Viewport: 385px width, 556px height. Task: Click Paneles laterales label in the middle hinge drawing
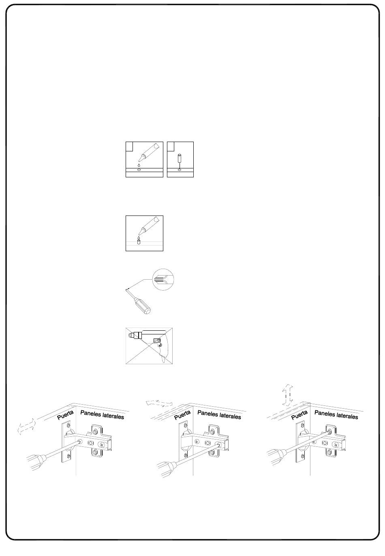pos(219,414)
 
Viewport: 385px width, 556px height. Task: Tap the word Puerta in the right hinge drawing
pos(299,414)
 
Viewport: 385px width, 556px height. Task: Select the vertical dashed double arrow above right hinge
pos(287,394)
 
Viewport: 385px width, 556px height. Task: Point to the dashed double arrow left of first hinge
pos(27,427)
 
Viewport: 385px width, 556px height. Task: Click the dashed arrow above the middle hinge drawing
pos(160,403)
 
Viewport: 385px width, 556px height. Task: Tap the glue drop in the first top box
pos(139,165)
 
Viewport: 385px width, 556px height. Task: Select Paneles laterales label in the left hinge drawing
pos(102,414)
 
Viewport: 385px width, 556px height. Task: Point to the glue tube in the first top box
pos(148,152)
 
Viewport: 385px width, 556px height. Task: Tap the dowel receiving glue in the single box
pos(139,241)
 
